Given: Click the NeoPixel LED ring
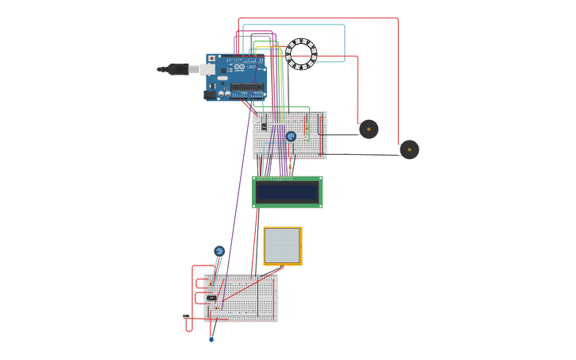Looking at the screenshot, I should [x=301, y=54].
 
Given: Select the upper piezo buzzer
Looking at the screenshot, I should [x=369, y=129].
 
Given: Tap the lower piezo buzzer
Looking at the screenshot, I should [x=409, y=149].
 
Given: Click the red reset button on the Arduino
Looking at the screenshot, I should [x=211, y=59].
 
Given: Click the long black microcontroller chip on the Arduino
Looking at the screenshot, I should [x=247, y=87].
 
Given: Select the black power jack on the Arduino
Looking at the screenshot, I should [x=210, y=95].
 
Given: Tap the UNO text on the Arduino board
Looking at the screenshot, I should [x=252, y=68].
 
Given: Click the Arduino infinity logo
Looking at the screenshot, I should [x=239, y=67].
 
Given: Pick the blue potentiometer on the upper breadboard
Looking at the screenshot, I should [x=291, y=136].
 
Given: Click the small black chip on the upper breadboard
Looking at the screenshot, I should [x=264, y=126].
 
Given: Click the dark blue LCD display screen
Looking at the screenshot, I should [x=287, y=192].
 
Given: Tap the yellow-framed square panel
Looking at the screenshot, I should [x=282, y=246].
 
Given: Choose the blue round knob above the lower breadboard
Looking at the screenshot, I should [x=219, y=251].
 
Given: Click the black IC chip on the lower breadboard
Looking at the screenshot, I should [x=211, y=298].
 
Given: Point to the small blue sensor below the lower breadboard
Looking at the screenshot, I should [x=211, y=339].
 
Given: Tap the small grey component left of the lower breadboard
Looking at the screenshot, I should [x=186, y=316].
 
